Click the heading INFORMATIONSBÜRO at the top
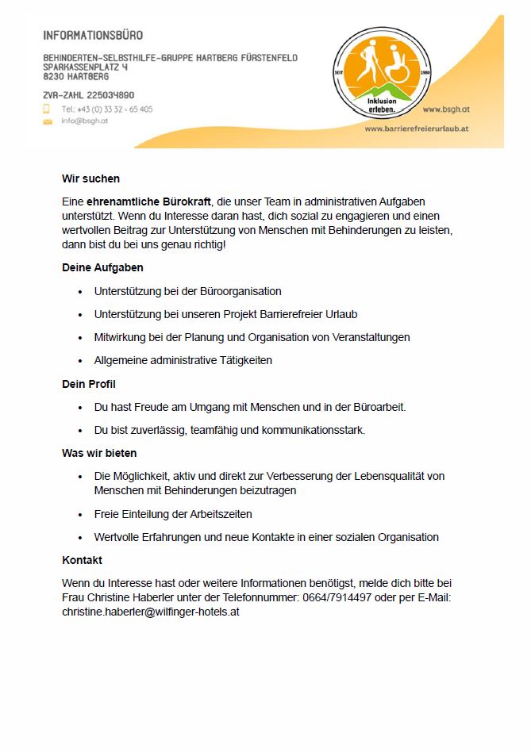click(x=94, y=36)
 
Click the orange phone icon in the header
click(x=47, y=109)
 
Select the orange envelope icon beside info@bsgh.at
click(x=47, y=121)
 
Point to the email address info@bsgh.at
click(x=84, y=121)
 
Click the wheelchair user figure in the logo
click(x=394, y=67)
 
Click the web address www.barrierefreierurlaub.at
click(x=417, y=128)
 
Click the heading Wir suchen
click(x=90, y=178)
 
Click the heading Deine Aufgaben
click(x=102, y=268)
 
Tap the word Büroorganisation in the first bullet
click(x=237, y=291)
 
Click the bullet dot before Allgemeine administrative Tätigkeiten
click(x=80, y=361)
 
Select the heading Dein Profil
click(x=89, y=385)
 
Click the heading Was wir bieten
click(x=99, y=453)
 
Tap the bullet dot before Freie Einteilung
click(x=80, y=515)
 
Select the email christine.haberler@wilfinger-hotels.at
click(x=151, y=612)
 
